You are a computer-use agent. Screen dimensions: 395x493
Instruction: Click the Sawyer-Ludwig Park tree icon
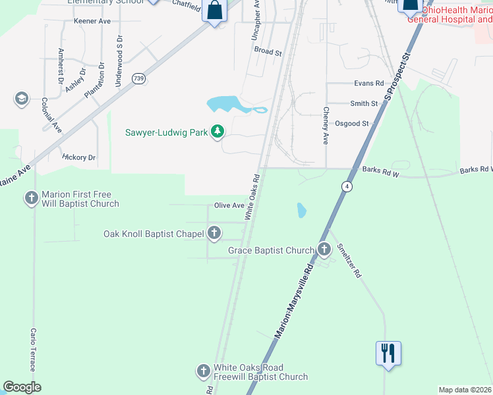[217, 132]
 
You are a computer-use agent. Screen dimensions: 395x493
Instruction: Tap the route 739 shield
[138, 78]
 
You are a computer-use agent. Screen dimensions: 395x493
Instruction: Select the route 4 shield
[345, 187]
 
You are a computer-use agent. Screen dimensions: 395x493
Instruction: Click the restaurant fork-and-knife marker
[388, 354]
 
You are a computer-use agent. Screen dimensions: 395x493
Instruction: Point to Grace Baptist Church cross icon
[324, 250]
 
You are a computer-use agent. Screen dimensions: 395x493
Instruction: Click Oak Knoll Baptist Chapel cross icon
[214, 233]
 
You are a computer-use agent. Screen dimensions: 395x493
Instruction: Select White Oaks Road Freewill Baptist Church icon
[204, 372]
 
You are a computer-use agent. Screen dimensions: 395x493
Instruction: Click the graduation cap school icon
[21, 99]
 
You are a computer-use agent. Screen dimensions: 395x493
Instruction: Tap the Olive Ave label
[229, 205]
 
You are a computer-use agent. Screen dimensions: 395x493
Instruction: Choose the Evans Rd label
[368, 84]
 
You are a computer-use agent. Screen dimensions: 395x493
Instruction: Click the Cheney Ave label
[325, 126]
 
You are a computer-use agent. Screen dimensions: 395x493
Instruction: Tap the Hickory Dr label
[79, 157]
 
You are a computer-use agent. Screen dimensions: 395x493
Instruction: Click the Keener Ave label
[92, 21]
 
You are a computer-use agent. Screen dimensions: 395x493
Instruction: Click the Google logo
[22, 387]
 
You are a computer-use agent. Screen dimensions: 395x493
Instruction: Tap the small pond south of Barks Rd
[301, 211]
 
